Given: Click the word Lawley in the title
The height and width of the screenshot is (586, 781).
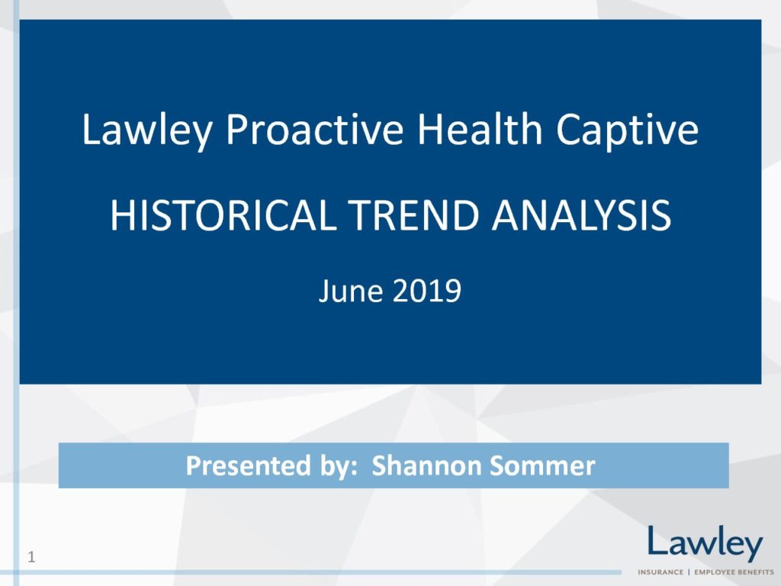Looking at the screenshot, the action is (x=147, y=130).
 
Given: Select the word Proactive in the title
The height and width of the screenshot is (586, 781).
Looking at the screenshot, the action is (x=315, y=130).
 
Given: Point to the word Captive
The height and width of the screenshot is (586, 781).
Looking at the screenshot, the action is (x=627, y=130).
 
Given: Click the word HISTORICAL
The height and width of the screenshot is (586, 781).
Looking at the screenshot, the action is (x=223, y=215).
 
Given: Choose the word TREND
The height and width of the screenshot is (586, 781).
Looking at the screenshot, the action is (x=413, y=215).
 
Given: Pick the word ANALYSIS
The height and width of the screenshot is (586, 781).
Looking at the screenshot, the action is (x=581, y=215).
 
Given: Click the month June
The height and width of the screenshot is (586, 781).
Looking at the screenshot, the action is (x=351, y=291).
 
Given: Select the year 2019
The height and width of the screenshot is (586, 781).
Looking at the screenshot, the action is (x=427, y=291).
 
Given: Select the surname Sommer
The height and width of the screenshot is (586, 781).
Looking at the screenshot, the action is (x=542, y=465).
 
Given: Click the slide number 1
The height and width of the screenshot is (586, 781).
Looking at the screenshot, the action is (x=31, y=556).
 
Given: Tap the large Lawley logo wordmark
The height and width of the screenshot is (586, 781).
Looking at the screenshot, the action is (x=705, y=543).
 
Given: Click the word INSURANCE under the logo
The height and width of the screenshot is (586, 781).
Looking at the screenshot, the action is (x=660, y=572).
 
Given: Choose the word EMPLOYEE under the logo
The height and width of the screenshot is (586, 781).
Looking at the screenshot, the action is (x=715, y=572).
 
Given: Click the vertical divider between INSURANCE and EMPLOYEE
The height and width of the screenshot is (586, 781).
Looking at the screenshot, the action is (x=689, y=572).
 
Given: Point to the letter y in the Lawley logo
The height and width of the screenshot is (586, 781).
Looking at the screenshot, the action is (x=751, y=548).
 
